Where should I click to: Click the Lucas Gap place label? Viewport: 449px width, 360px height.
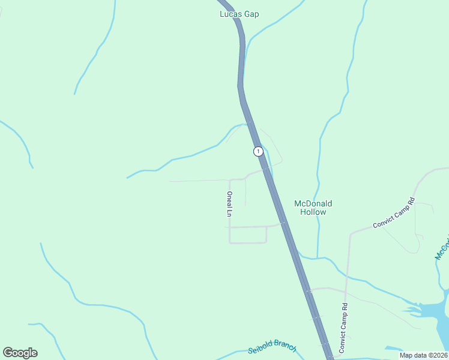(239, 14)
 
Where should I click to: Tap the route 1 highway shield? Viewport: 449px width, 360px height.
(258, 151)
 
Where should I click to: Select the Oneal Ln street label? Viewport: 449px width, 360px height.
(229, 203)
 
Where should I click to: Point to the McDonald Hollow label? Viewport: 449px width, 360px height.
(313, 208)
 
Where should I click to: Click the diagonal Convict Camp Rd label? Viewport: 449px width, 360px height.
(394, 213)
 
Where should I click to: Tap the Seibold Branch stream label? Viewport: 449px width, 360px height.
(273, 346)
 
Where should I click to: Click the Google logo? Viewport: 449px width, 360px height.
(20, 353)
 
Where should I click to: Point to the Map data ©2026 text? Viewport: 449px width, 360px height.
(423, 355)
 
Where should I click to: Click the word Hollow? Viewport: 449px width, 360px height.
(313, 212)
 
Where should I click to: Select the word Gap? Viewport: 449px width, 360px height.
(251, 14)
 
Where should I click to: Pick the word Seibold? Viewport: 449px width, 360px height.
(262, 347)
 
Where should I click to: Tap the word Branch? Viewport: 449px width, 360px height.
(285, 344)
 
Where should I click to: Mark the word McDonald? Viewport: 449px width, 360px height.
(313, 203)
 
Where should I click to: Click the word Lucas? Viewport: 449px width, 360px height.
(230, 14)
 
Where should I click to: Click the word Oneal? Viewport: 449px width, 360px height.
(229, 197)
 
